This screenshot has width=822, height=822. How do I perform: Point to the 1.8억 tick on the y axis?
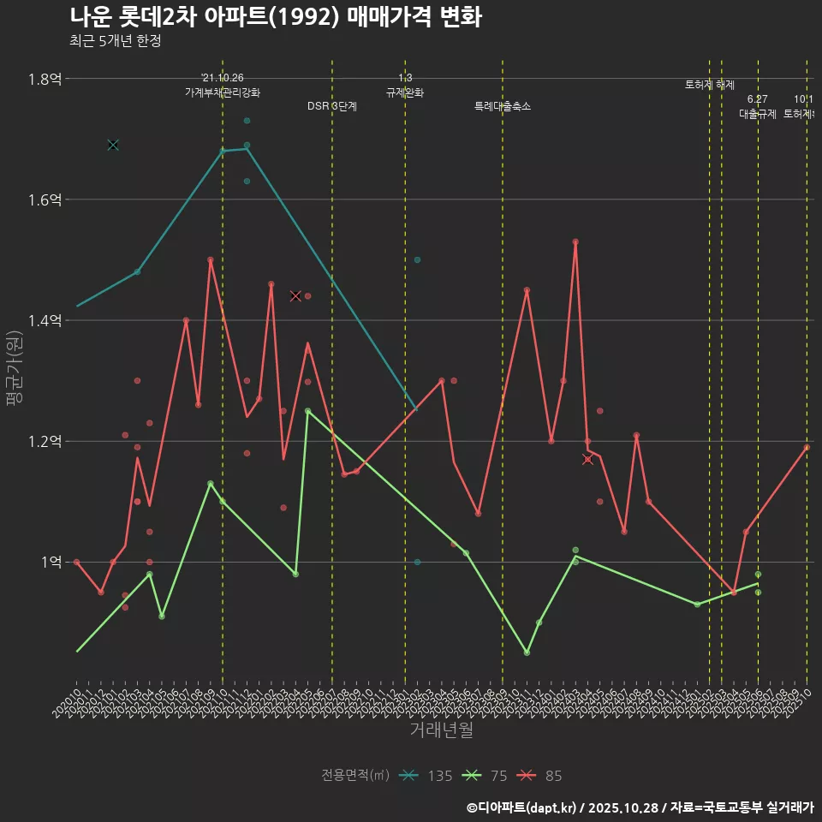(45, 79)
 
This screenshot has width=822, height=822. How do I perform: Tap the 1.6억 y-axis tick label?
(45, 200)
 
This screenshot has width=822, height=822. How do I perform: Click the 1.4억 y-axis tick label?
(45, 320)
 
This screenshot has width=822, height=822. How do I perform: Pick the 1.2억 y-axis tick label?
(45, 442)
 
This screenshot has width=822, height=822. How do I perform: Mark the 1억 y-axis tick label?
(50, 563)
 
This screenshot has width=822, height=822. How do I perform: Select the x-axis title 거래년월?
(441, 730)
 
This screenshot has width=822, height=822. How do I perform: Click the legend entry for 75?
(485, 776)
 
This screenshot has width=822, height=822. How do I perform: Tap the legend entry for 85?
(541, 776)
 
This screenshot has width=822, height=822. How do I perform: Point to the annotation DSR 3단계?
(332, 106)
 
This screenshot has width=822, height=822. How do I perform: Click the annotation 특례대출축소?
(503, 106)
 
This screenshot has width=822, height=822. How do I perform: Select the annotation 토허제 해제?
(710, 85)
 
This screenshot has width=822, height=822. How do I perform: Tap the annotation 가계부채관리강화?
(223, 92)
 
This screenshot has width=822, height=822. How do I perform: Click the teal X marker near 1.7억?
(113, 145)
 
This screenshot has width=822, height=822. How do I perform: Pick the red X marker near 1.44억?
(295, 295)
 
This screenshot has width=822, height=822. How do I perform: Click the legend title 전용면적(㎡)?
(355, 776)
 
